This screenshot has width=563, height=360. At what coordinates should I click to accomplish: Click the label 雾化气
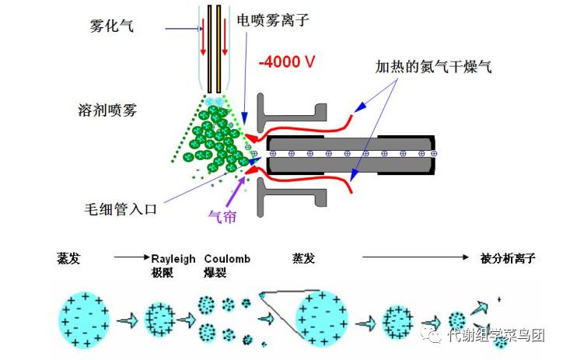click(x=112, y=26)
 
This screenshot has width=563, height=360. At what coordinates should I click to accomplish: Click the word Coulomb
click(x=227, y=258)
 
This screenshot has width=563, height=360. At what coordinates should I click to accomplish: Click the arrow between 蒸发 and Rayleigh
click(x=130, y=257)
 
